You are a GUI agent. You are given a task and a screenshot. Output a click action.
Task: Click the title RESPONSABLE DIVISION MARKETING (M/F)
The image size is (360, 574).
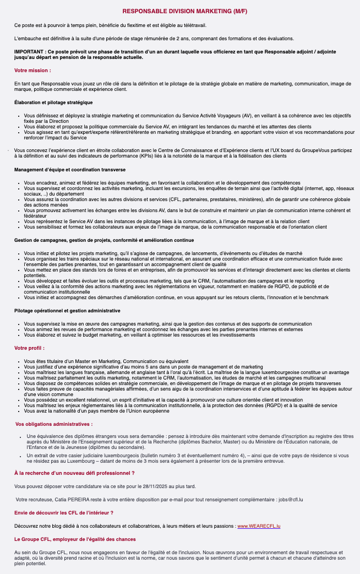pyautogui.click(x=180, y=11)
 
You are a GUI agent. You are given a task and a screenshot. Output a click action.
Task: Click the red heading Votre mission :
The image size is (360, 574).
pyautogui.click(x=32, y=71)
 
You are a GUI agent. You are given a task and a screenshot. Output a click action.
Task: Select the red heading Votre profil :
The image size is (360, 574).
pyautogui.click(x=30, y=348)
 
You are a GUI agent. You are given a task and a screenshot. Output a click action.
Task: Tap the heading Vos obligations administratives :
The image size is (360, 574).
pyautogui.click(x=54, y=424)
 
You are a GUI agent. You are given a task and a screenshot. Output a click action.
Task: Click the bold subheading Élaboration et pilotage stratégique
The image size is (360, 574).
pyautogui.click(x=53, y=102)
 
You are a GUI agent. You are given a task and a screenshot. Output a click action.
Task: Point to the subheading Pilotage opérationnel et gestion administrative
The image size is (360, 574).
pyautogui.click(x=67, y=311)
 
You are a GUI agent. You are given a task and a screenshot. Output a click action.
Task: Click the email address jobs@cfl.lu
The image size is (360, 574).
pyautogui.click(x=291, y=500)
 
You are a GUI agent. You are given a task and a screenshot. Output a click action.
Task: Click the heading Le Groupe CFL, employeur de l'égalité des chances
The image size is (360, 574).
pyautogui.click(x=75, y=539)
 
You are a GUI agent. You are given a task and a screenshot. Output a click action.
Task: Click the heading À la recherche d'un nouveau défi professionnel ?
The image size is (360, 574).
pyautogui.click(x=74, y=473)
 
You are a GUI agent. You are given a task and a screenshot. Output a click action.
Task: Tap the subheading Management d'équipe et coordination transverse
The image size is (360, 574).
pyautogui.click(x=70, y=170)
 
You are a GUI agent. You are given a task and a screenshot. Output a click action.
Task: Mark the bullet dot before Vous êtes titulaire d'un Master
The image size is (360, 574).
pyautogui.click(x=19, y=361)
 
